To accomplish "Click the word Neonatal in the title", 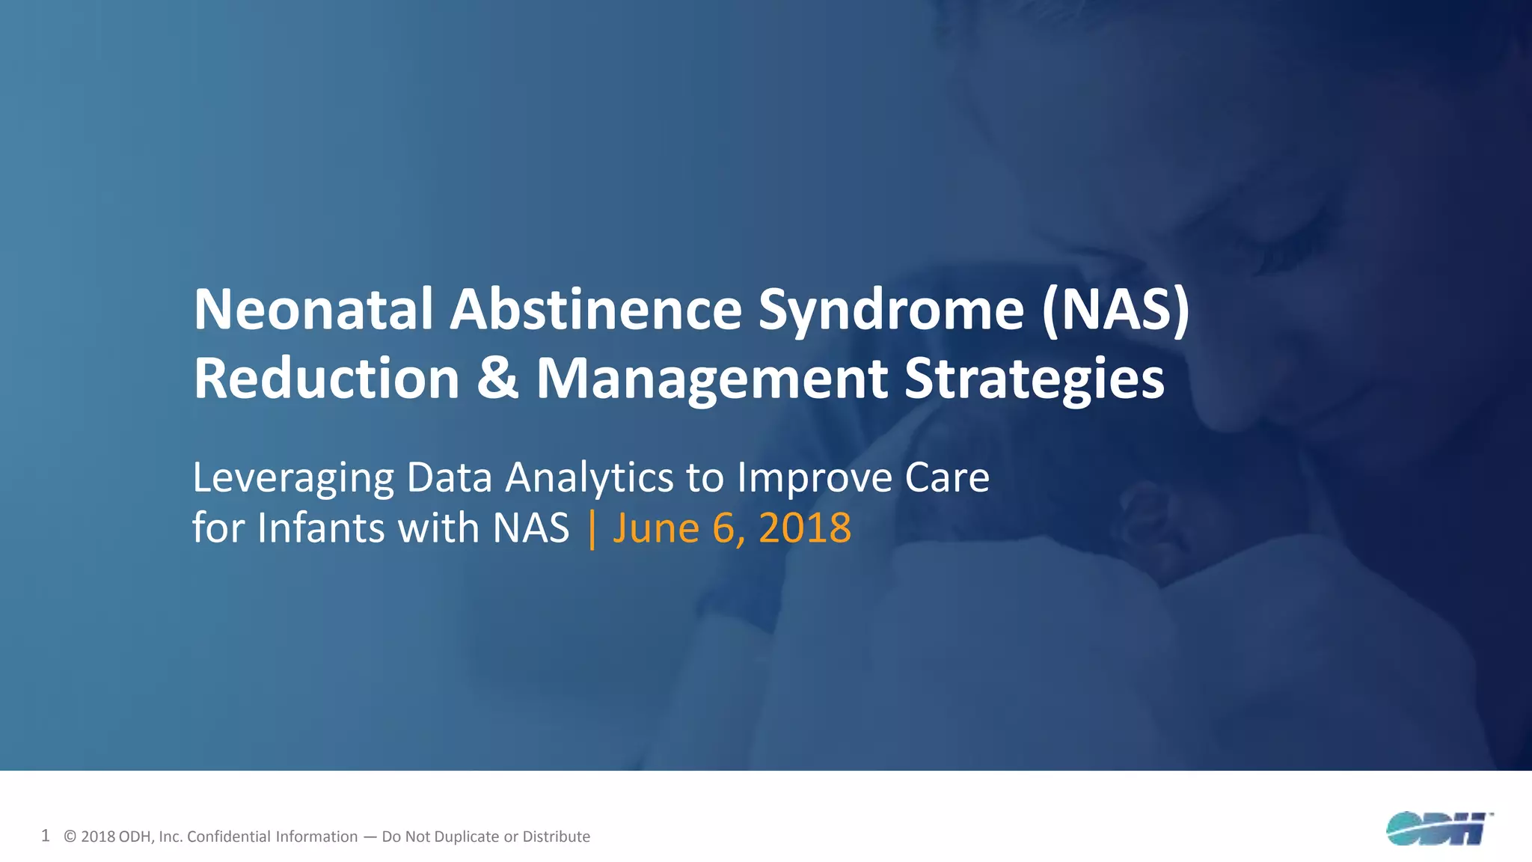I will (313, 310).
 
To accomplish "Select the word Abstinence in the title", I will (595, 310).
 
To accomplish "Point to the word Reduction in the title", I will (326, 379).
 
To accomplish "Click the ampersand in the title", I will (497, 379).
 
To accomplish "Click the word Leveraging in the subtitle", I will (292, 479).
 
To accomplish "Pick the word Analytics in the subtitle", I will (590, 479).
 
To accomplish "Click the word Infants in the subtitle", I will (321, 528).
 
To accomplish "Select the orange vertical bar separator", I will (592, 528).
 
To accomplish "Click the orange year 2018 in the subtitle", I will (805, 528).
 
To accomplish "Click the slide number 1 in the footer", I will (46, 836).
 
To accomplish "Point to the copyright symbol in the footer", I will (70, 837).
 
